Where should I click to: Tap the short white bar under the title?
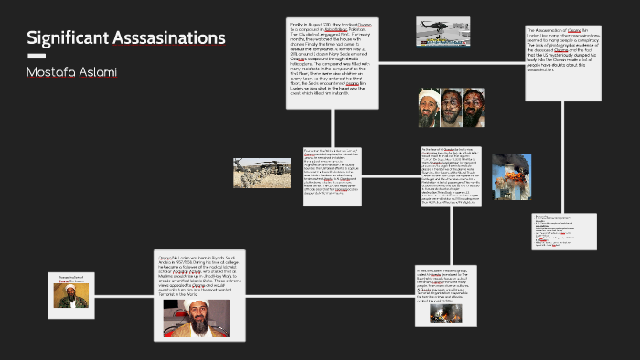point(37,56)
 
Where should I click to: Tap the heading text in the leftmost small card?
point(71,279)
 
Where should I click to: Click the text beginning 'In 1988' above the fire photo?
point(446,283)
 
